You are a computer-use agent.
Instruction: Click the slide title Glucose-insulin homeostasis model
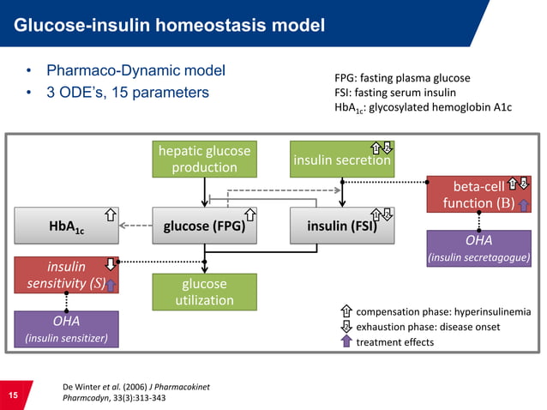coord(168,27)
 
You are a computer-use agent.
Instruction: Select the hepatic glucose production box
coord(204,159)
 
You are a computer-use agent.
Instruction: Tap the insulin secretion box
coord(341,159)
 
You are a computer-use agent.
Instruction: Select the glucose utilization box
coord(204,292)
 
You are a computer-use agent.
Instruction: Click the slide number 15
coord(13,395)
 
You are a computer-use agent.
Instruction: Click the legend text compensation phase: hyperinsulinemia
coord(442,311)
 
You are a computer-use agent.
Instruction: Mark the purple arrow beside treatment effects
coord(346,341)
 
